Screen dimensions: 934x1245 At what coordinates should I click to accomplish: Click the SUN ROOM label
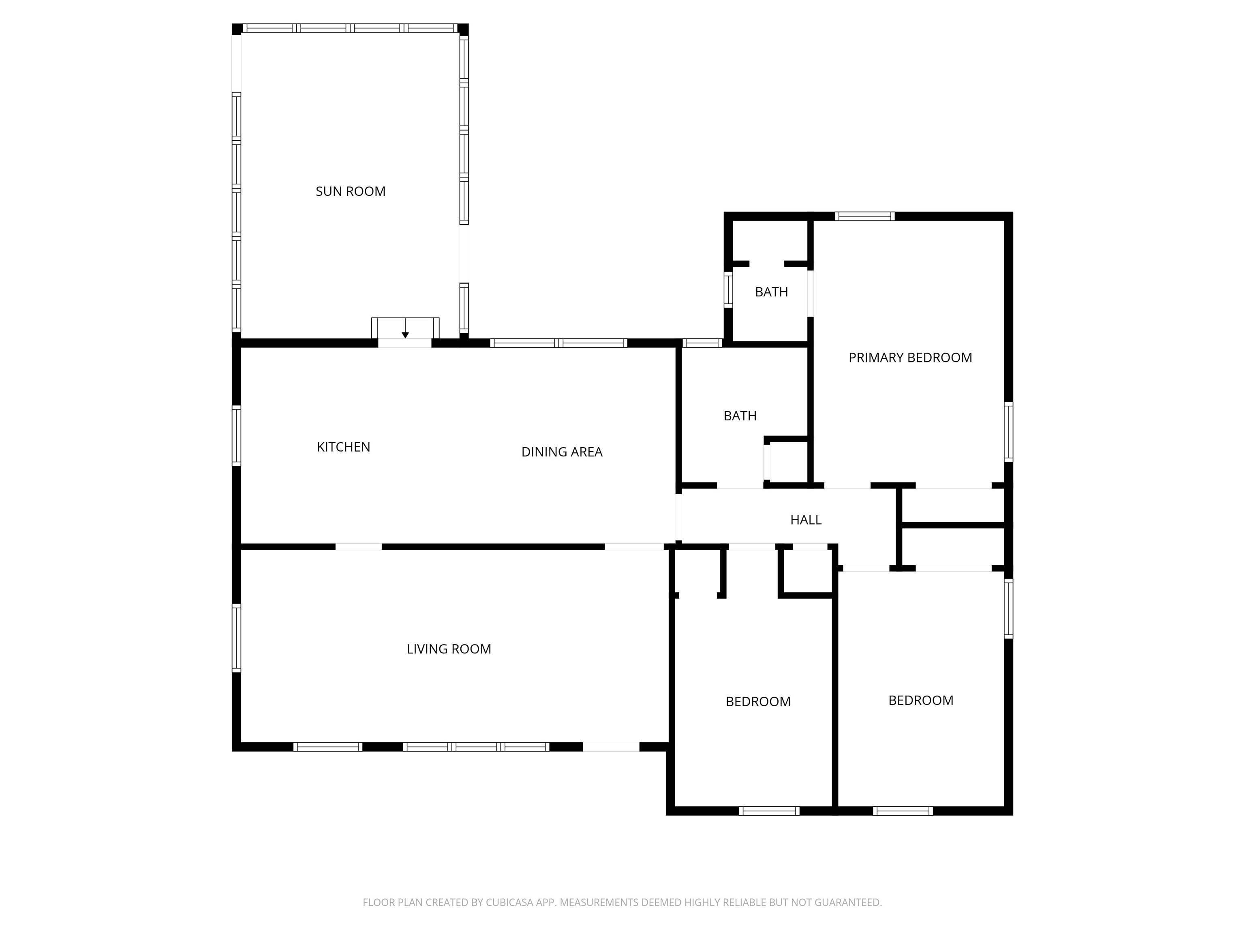[350, 191]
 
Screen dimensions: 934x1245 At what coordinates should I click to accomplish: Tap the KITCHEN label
[343, 447]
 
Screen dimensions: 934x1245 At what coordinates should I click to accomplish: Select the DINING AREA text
[562, 452]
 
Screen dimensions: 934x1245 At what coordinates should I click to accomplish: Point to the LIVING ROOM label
[449, 649]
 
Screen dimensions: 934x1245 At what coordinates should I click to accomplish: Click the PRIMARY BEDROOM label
[910, 358]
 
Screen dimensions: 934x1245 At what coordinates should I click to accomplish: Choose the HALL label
[805, 520]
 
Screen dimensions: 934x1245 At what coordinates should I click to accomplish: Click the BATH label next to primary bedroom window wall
[771, 292]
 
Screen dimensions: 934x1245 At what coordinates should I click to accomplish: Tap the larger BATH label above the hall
[740, 416]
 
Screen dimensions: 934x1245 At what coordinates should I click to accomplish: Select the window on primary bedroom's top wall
[864, 216]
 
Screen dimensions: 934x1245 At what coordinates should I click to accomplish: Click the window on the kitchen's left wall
[236, 436]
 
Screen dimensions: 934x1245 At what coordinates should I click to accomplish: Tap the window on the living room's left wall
[236, 638]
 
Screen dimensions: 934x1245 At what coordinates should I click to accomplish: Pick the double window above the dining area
[558, 343]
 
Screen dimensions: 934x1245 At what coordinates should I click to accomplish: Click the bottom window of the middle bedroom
[769, 811]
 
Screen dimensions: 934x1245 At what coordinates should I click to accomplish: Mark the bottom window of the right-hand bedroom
[903, 811]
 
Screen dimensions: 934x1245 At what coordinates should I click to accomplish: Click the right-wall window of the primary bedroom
[1009, 432]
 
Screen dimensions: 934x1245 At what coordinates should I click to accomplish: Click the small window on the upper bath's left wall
[728, 289]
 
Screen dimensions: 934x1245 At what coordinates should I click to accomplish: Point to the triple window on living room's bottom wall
[476, 747]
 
